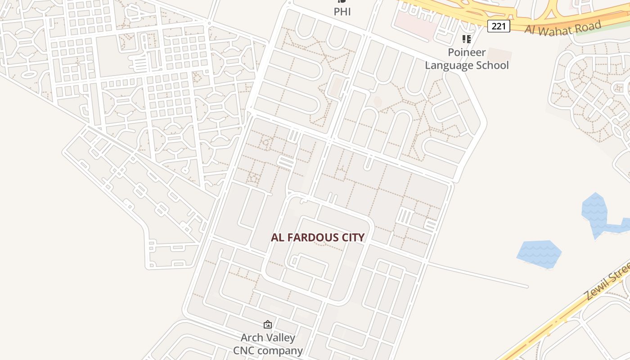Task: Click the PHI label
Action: pos(342,11)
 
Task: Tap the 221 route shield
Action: pos(499,26)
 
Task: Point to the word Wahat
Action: pos(557,30)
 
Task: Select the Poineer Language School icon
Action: pos(467,39)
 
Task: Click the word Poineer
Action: pos(467,52)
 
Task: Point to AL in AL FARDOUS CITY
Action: pos(277,237)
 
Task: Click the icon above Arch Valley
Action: pos(268,324)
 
